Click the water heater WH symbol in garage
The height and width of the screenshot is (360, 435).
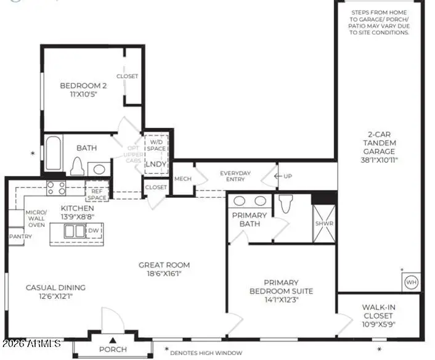[x=411, y=282]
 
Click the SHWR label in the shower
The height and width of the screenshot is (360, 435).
[x=323, y=224]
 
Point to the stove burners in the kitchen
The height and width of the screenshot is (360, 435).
[x=56, y=188]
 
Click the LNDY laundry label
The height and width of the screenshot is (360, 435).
[x=154, y=165]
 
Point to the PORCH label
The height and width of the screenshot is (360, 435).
[x=113, y=350]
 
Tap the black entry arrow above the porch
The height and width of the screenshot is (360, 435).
[x=113, y=340]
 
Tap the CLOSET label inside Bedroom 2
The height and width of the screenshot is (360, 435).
[x=128, y=76]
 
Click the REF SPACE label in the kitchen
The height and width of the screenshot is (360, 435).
[x=97, y=194]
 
